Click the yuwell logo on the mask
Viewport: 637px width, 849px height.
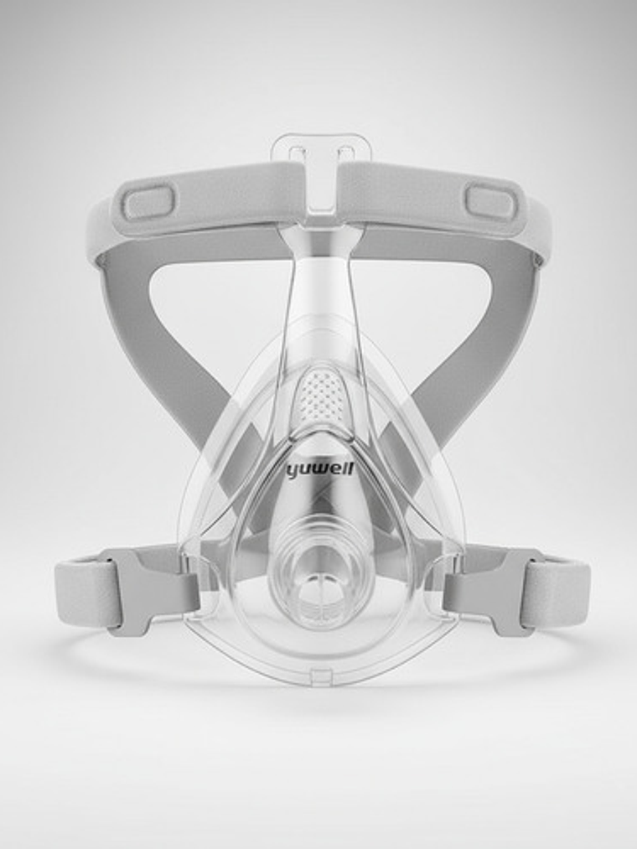(320, 469)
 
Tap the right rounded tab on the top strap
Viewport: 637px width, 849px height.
(492, 202)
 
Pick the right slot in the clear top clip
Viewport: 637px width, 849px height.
(344, 153)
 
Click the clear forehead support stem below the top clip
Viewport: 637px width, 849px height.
(320, 277)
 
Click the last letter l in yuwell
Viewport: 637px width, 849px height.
(352, 468)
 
